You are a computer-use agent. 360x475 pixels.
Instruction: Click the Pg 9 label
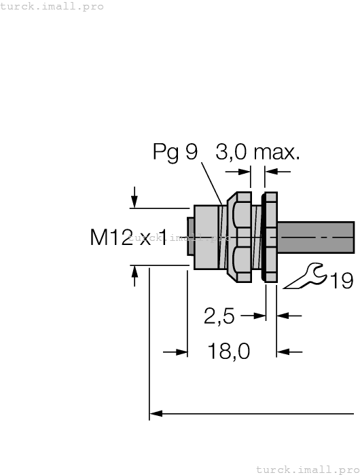pos(175,153)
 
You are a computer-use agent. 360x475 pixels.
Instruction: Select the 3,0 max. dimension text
pos(257,153)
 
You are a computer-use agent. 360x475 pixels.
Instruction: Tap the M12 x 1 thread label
pos(128,237)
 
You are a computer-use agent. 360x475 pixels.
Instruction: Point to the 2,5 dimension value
pos(219,316)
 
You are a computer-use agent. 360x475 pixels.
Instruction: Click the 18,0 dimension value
pos(228,352)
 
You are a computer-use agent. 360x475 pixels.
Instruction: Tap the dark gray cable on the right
pos(316,238)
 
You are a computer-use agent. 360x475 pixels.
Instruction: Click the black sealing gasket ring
pos(262,237)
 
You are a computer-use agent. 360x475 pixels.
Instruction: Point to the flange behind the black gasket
pos(271,237)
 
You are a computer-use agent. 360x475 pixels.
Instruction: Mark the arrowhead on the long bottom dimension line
pos(156,412)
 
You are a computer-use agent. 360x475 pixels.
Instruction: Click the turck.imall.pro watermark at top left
pos(52,6)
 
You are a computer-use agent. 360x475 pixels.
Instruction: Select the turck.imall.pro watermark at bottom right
pos(307,469)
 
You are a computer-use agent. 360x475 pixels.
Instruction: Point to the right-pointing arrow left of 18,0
pos(181,352)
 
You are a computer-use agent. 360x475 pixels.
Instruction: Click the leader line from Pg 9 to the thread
pos(211,183)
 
